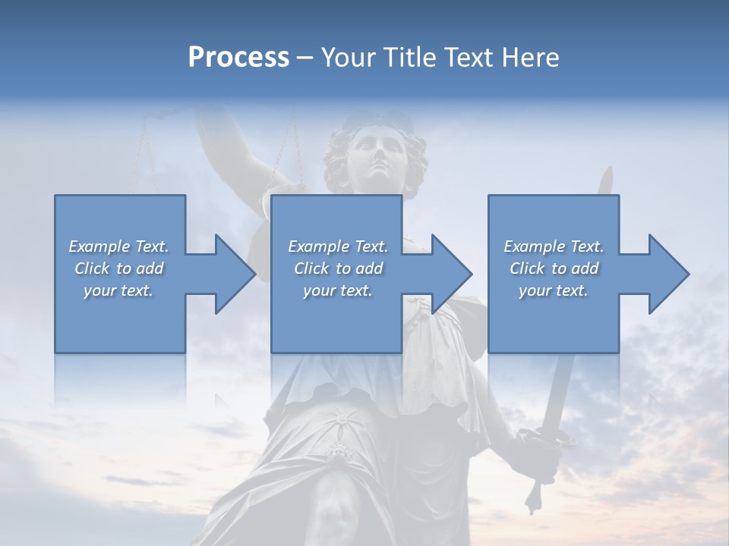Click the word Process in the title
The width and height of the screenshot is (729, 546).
(x=238, y=58)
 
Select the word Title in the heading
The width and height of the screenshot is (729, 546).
(x=411, y=58)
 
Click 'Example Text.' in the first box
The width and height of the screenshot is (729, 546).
(x=118, y=246)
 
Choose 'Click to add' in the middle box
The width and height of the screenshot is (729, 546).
(x=338, y=268)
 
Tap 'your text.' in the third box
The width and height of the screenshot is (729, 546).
(x=554, y=290)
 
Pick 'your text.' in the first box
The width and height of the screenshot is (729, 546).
(x=118, y=290)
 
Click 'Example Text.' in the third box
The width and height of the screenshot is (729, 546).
(x=554, y=246)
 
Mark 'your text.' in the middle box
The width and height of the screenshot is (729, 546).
(x=338, y=290)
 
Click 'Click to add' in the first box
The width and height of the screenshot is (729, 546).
(x=118, y=268)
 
